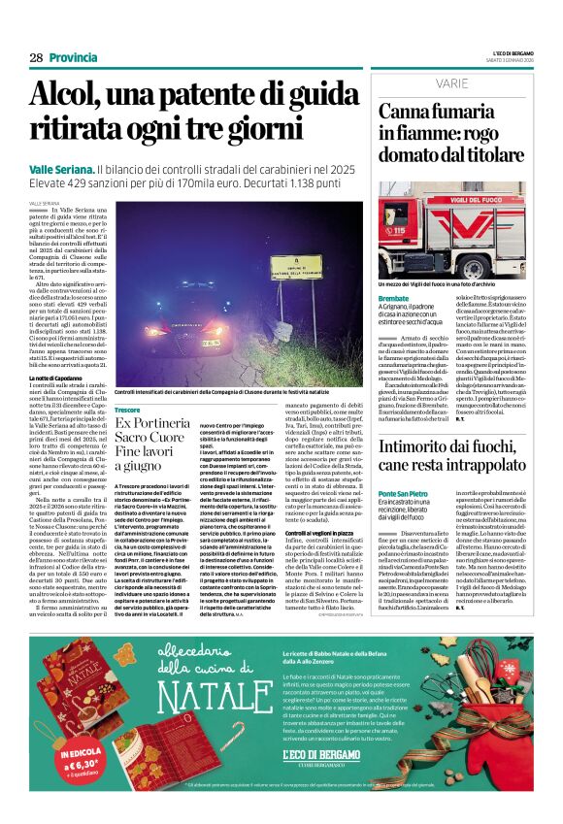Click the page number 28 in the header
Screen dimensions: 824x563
pyautogui.click(x=36, y=58)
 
